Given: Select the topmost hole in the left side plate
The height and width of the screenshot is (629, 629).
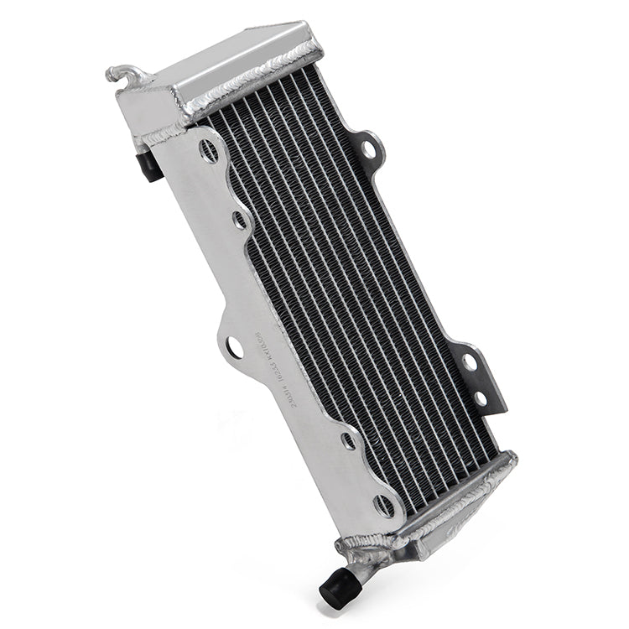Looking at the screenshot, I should click(209, 151).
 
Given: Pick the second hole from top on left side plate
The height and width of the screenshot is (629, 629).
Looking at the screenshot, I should click(240, 220).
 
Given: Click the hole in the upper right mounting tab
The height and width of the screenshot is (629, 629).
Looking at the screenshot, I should click(368, 150).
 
